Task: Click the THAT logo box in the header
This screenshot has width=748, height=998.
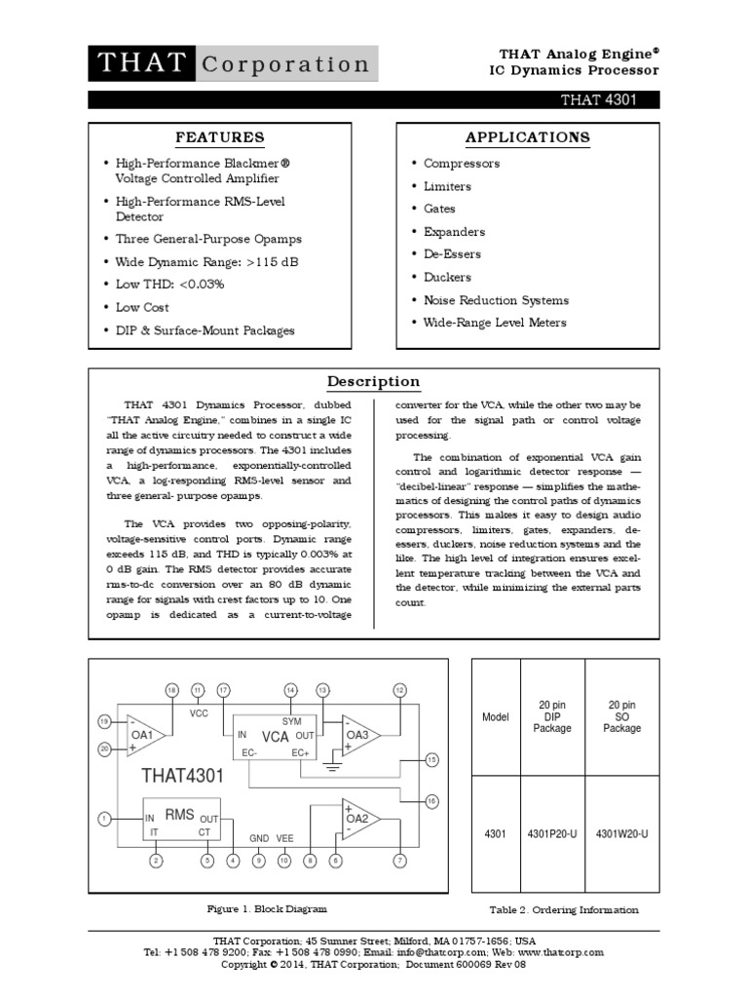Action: (142, 64)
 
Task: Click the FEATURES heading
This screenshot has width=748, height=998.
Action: (219, 136)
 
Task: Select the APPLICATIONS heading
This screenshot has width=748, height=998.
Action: (527, 136)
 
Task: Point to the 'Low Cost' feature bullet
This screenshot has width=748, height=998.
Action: (141, 307)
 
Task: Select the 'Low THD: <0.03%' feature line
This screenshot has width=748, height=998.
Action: (169, 284)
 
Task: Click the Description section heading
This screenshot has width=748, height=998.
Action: (373, 381)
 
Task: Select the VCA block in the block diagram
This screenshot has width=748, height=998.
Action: (275, 736)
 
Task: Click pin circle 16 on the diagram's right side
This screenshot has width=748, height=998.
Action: (432, 801)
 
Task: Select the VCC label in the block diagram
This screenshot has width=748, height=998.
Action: (199, 713)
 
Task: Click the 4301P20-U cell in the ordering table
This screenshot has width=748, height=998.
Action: (552, 834)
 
